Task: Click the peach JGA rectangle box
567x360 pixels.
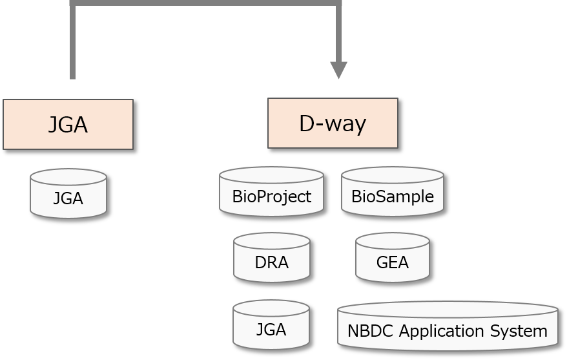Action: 68,124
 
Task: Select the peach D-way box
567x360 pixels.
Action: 333,123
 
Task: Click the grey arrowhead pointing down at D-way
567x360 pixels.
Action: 338,70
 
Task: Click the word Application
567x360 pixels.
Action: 440,332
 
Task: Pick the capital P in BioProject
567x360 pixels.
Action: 258,196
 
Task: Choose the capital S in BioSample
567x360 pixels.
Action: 382,196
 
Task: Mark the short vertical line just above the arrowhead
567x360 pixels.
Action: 338,32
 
